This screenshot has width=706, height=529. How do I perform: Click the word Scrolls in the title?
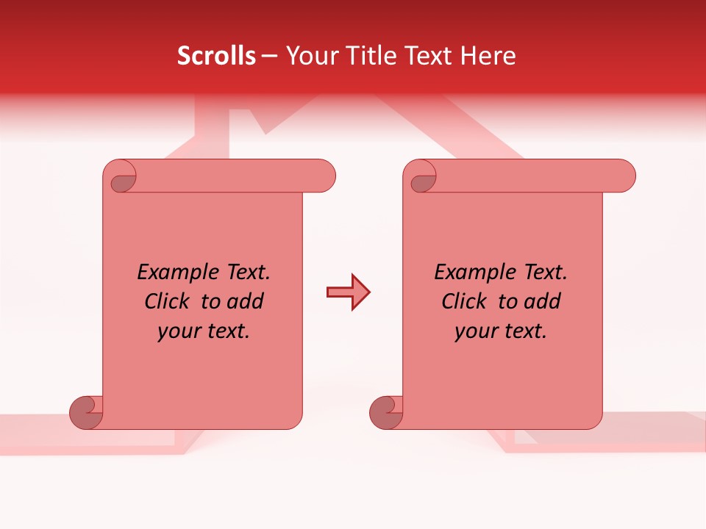click(x=216, y=56)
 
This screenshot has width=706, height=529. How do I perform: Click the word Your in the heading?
click(x=311, y=56)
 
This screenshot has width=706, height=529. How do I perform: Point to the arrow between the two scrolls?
click(x=348, y=292)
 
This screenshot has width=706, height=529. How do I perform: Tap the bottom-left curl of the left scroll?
click(x=85, y=411)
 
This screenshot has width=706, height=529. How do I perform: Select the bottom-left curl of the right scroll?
click(x=385, y=411)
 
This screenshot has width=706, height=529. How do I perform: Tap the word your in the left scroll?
click(x=176, y=332)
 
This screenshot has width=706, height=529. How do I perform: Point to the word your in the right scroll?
click(x=473, y=332)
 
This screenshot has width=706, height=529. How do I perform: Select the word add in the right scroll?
click(x=543, y=302)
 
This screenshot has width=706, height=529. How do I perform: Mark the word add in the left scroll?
click(x=246, y=302)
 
